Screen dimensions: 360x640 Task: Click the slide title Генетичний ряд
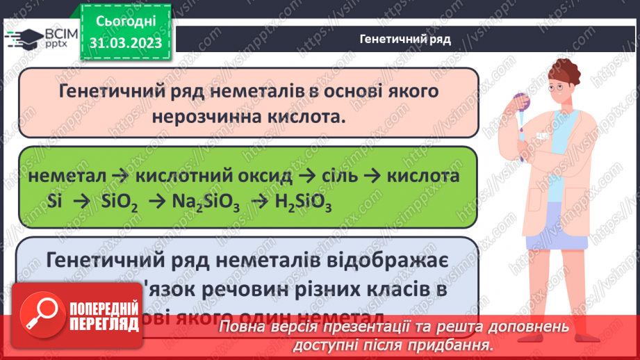coord(405,39)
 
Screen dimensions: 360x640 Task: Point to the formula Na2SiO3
coord(203,202)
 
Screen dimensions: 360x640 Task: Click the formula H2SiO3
coord(301,202)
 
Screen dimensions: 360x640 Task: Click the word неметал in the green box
coord(69,176)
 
